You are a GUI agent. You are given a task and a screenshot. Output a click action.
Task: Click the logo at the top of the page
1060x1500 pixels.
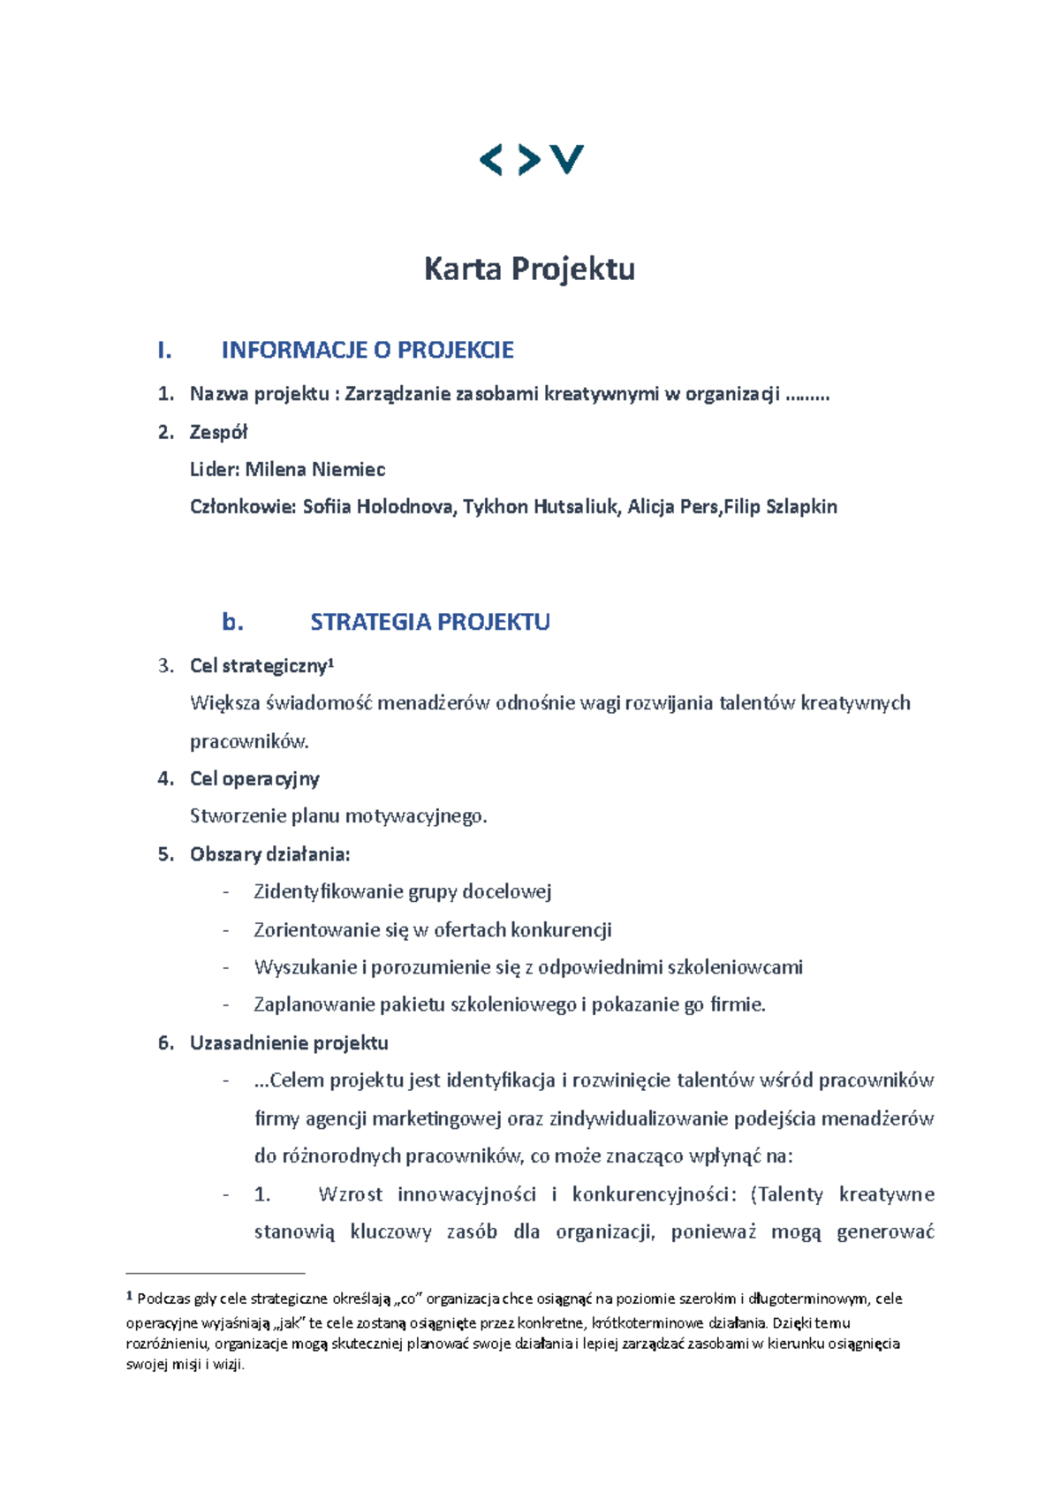531,160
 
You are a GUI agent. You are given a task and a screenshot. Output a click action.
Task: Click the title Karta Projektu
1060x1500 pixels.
529,269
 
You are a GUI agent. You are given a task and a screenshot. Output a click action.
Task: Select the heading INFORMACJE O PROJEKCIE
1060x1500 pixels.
367,350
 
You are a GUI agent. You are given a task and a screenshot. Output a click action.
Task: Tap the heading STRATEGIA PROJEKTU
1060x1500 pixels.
429,622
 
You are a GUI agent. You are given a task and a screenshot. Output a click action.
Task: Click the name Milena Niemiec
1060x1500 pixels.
314,469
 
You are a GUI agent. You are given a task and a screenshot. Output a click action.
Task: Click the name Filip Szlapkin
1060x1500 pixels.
781,507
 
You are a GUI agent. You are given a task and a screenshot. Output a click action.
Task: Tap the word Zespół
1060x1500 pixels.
218,432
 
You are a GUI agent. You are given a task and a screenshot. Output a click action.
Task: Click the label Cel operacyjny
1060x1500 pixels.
254,778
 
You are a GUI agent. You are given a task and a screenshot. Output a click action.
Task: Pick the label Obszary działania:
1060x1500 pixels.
269,854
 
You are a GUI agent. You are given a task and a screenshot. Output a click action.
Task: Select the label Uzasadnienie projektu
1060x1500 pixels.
289,1042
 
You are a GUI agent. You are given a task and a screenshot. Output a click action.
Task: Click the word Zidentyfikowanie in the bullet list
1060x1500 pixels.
327,891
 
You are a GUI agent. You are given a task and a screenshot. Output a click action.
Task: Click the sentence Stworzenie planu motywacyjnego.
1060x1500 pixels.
338,816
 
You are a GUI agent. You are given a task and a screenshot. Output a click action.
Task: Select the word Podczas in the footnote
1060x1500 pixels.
163,1299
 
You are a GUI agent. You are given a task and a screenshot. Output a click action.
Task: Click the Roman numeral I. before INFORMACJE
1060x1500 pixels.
163,350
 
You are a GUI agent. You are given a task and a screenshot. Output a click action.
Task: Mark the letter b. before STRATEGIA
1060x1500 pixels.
232,622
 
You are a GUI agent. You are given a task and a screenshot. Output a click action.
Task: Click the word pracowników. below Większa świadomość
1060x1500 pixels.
249,741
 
